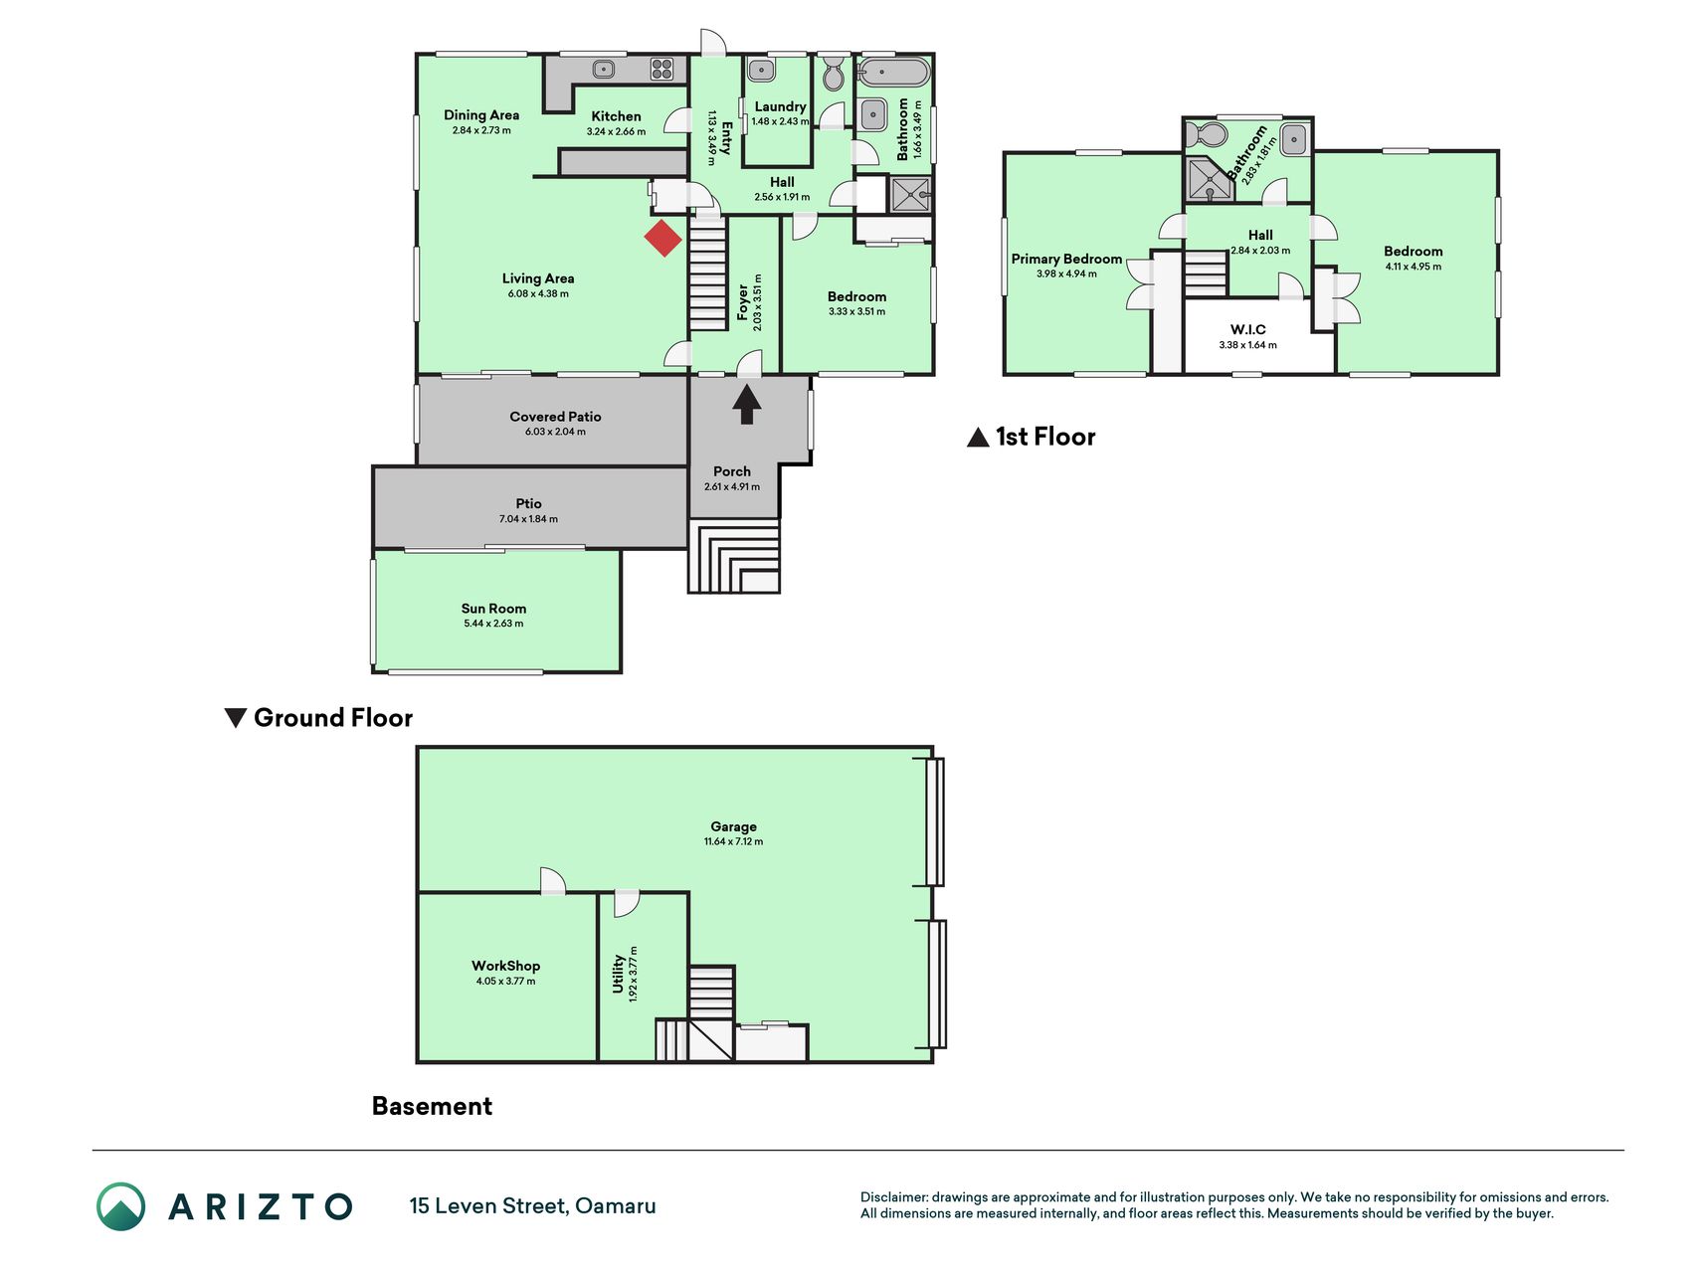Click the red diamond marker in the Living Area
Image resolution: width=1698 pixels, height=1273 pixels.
(x=662, y=239)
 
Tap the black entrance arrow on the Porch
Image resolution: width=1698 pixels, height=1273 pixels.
(x=747, y=405)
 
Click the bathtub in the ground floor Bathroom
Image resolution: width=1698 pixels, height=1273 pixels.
(x=893, y=73)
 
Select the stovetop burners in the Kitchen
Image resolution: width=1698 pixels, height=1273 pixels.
(x=662, y=70)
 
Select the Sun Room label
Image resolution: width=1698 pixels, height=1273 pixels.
(x=493, y=609)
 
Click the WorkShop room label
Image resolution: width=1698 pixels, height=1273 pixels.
(x=505, y=966)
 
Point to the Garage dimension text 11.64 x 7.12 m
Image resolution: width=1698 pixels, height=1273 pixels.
(x=734, y=841)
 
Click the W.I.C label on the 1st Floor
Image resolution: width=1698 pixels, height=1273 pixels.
(x=1247, y=330)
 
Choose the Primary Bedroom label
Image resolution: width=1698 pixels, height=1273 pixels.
(x=1066, y=259)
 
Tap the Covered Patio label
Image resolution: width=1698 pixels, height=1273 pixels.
(x=555, y=417)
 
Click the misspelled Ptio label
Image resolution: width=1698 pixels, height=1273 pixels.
(x=528, y=503)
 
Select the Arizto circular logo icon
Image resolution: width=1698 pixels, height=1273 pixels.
(x=121, y=1206)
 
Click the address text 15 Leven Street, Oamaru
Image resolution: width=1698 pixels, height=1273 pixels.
(x=532, y=1206)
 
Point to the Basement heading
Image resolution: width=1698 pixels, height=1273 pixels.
(x=432, y=1106)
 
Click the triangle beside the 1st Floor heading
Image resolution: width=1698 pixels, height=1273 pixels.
(x=978, y=438)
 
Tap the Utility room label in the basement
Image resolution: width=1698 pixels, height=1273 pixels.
(x=618, y=974)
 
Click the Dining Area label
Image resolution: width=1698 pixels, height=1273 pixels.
(x=481, y=115)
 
